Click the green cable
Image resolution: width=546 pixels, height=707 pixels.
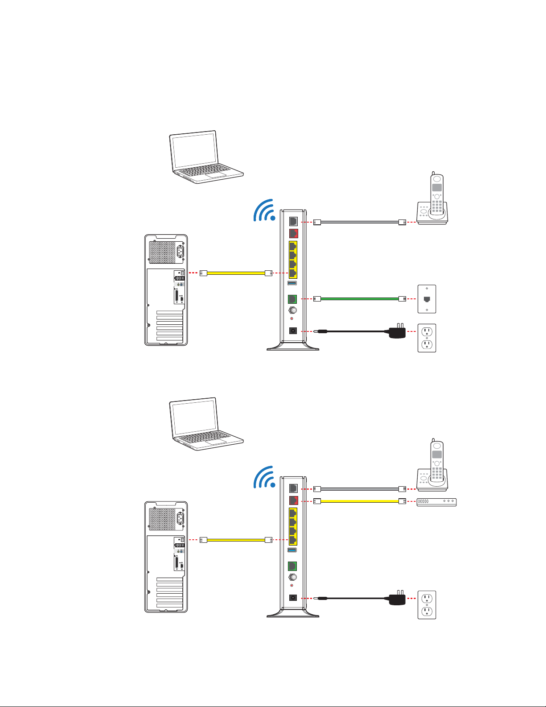click(x=359, y=298)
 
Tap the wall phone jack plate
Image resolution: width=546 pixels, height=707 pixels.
click(x=427, y=299)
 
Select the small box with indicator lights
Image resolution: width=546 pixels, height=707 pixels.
click(x=436, y=501)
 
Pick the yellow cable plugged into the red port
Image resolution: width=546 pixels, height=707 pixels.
click(x=359, y=501)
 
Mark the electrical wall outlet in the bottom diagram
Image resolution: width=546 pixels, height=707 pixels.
click(x=427, y=605)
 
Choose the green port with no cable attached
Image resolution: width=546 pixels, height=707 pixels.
click(x=293, y=566)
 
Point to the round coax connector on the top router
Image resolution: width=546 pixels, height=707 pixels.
click(x=293, y=310)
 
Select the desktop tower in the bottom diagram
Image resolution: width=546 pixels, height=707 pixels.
click(x=166, y=557)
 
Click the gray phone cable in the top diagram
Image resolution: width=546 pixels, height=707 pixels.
click(x=359, y=222)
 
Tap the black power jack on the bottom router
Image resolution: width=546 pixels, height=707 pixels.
click(x=293, y=598)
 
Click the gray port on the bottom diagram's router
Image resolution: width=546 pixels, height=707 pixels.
click(x=293, y=489)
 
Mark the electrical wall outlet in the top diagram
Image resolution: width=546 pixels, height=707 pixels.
click(x=427, y=338)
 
